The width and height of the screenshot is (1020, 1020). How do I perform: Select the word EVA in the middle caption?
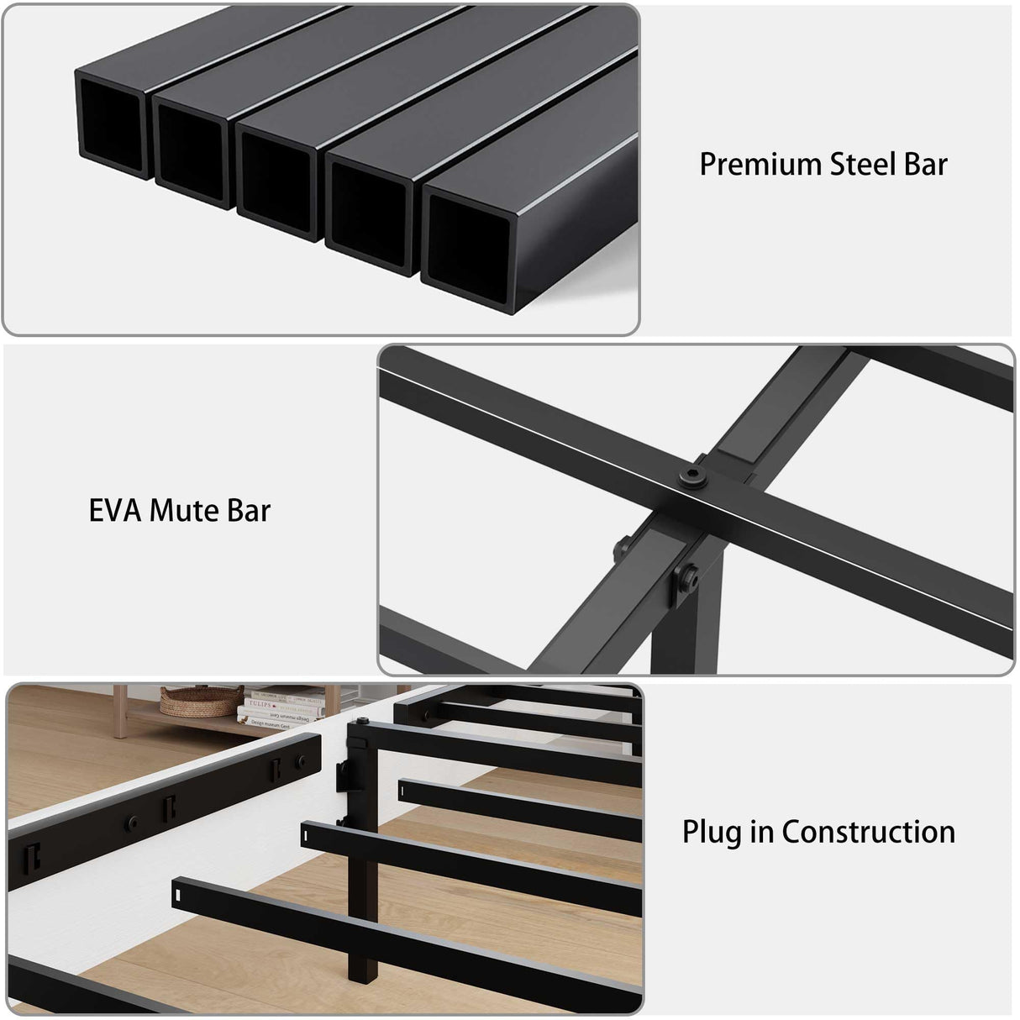pos(114,510)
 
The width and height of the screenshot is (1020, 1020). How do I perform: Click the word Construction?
pos(868,832)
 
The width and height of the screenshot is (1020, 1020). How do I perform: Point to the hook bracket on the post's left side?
pos(344,777)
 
